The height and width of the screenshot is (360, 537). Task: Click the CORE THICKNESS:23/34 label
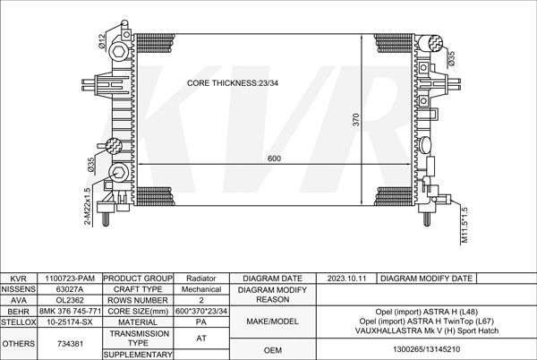pos(232,83)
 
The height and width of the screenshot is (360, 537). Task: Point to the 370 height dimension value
pos(356,120)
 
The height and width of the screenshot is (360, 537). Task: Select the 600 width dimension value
pos(275,159)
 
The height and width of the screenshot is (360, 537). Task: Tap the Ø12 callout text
pos(102,41)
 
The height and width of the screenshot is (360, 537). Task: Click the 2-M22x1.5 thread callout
pos(88,207)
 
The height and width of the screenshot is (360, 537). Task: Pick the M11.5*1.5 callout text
pos(465,225)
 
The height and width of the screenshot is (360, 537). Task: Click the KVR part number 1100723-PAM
pos(70,279)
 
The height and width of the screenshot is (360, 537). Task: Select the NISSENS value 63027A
pos(70,289)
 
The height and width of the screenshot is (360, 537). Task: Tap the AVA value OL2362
pos(70,300)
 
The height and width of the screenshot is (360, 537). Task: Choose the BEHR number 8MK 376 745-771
pos(70,312)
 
